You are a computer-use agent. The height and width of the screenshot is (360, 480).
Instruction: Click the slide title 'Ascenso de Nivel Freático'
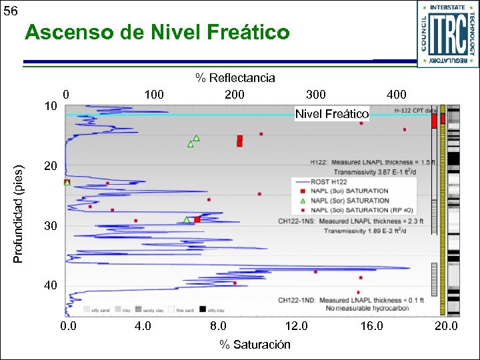click(x=157, y=32)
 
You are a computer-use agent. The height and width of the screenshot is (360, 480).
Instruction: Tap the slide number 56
click(x=11, y=11)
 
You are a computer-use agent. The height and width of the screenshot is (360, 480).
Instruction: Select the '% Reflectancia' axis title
click(x=235, y=78)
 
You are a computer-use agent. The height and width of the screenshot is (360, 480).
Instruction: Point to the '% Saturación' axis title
click(x=255, y=344)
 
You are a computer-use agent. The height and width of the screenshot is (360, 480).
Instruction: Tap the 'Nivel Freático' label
click(x=332, y=114)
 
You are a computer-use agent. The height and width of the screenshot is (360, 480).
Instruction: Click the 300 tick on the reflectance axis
click(x=315, y=95)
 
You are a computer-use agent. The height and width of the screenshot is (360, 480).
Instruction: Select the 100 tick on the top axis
click(x=154, y=95)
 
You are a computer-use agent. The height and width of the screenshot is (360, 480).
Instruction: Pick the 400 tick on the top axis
click(x=396, y=95)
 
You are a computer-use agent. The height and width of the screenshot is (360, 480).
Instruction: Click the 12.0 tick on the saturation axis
click(x=296, y=326)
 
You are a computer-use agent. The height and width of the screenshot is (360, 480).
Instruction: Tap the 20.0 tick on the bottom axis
click(x=446, y=326)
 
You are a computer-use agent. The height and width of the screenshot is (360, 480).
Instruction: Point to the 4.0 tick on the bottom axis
click(x=143, y=326)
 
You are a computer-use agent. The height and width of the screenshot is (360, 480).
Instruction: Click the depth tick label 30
click(x=51, y=227)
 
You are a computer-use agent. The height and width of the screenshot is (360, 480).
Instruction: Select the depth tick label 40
click(x=51, y=285)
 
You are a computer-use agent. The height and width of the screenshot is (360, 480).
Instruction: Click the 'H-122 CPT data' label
click(x=415, y=110)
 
